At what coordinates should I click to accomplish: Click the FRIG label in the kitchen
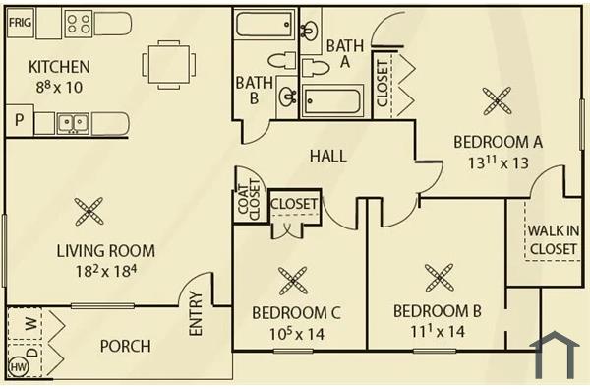pos(19,20)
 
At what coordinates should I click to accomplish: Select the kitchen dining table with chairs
pos(162,65)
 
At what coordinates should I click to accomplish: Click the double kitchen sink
pos(70,123)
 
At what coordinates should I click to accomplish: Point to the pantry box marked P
pos(18,122)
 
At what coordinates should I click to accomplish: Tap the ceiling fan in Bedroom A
pos(497,98)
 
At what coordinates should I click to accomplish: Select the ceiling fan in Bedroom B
pos(438,278)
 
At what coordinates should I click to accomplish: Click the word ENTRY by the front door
pos(195,314)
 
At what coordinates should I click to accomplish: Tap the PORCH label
pos(125,346)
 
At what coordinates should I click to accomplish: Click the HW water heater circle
pos(18,366)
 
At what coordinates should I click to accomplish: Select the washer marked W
pos(29,323)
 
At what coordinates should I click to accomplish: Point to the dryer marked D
pos(29,350)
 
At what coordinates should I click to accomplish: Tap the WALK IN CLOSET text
pos(553,239)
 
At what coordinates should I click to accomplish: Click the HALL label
pos(327,156)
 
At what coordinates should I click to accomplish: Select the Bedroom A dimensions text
pos(498,162)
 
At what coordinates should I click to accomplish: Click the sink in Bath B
pos(287,97)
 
